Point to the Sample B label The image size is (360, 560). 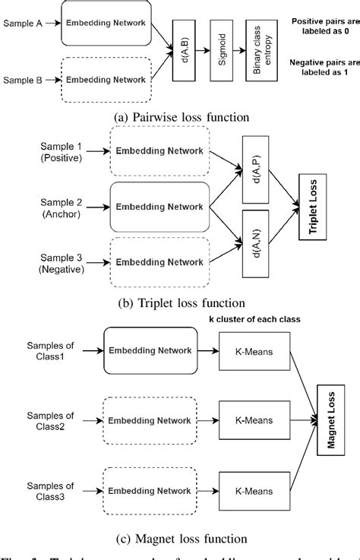(x=24, y=79)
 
